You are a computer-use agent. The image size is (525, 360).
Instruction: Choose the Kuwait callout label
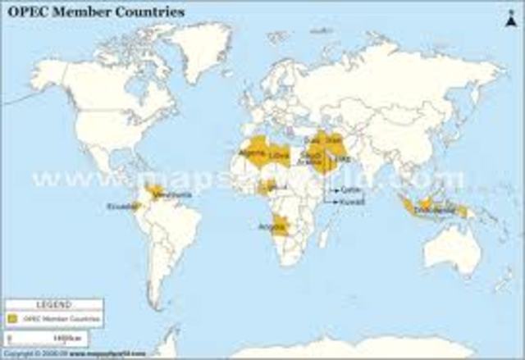pyautogui.click(x=350, y=199)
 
